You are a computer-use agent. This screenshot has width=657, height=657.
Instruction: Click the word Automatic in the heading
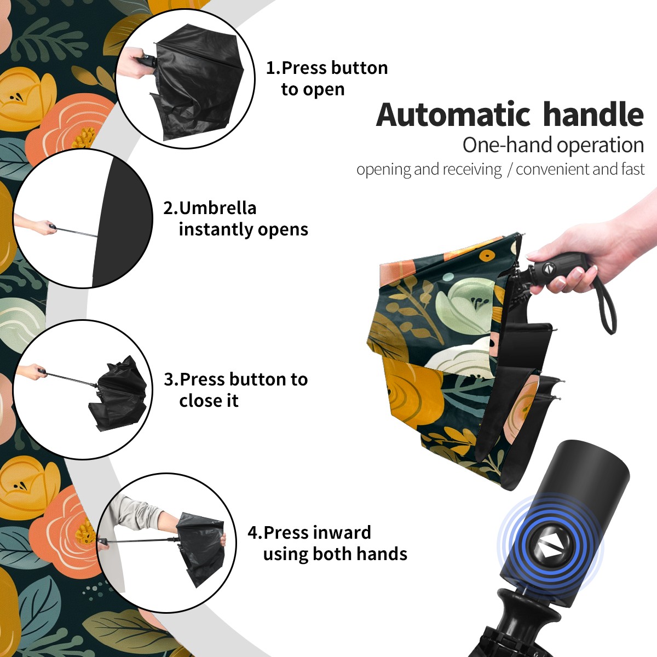point(453,115)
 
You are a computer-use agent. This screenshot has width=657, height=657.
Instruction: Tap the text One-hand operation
point(553,145)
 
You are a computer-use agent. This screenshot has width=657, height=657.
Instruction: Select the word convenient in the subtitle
point(552,169)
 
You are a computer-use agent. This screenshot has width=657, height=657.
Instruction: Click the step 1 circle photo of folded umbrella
point(186,79)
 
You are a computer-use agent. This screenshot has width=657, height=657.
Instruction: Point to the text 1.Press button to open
point(327,79)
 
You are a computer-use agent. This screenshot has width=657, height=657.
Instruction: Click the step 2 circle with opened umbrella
point(83,218)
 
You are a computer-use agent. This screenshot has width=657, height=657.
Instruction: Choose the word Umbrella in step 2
point(217,208)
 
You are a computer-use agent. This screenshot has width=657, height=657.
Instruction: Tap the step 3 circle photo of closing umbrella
point(83,390)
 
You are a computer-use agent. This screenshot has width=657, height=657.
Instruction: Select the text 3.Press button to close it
point(235,390)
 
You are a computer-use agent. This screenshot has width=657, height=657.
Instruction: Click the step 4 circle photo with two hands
point(167,543)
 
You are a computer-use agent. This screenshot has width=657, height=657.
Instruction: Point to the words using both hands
point(335,554)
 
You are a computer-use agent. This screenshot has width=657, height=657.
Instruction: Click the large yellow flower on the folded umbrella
point(413,389)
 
